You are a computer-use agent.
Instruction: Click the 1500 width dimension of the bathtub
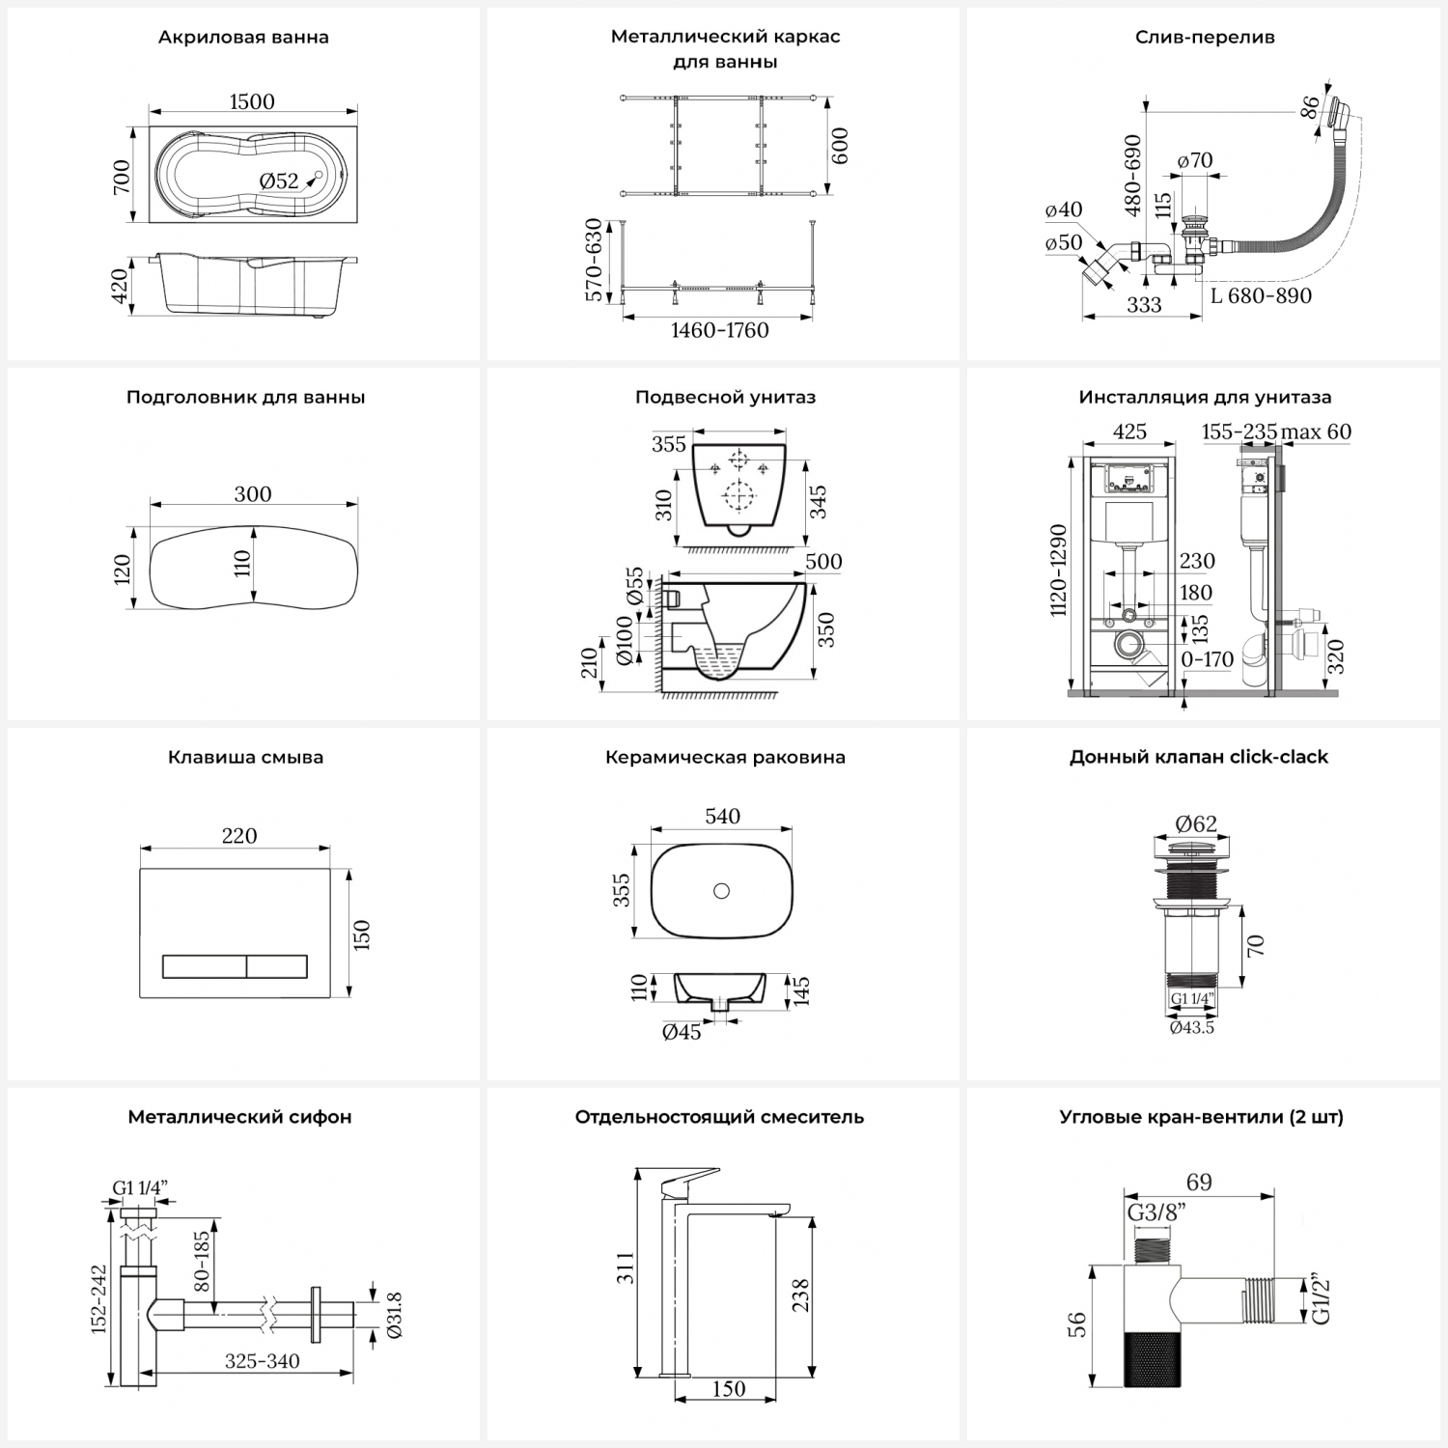(252, 101)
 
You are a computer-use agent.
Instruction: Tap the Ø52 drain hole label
(279, 181)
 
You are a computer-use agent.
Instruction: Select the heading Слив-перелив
(1205, 38)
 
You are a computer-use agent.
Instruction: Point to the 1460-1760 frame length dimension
(720, 330)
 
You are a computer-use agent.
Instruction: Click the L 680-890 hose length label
(1261, 295)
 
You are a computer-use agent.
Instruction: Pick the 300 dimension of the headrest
(253, 494)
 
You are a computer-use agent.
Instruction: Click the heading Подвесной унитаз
(725, 397)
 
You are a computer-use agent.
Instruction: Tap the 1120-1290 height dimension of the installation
(1059, 571)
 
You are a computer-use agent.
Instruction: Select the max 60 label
(1316, 432)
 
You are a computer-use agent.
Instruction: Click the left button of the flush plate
(204, 966)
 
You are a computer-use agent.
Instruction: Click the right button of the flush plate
(277, 966)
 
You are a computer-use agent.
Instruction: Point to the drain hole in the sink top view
(721, 891)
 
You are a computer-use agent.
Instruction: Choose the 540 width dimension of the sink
(722, 817)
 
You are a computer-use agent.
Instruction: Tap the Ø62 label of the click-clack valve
(1196, 823)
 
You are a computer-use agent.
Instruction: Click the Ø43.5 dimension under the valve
(1192, 1028)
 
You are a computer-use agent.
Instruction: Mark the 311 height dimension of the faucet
(627, 1267)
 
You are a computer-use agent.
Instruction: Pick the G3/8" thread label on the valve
(1156, 1212)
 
